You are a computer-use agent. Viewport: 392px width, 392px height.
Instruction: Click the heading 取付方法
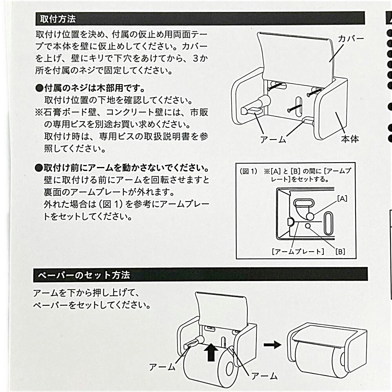pyautogui.click(x=58, y=19)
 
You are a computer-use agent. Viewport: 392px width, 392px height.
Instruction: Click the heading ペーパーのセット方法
pyautogui.click(x=84, y=275)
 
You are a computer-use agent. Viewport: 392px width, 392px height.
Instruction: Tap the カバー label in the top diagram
pyautogui.click(x=351, y=39)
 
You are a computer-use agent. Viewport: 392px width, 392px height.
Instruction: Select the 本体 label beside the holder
pyautogui.click(x=350, y=139)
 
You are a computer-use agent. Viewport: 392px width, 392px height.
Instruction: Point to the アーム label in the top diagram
pyautogui.click(x=273, y=140)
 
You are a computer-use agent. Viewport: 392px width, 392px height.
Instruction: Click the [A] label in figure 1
pyautogui.click(x=342, y=198)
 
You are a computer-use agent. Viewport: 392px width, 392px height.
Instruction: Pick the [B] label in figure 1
pyautogui.click(x=340, y=252)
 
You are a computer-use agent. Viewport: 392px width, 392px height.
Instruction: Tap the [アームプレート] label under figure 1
pyautogui.click(x=298, y=251)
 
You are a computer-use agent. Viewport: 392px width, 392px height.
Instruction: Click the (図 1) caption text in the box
pyautogui.click(x=249, y=171)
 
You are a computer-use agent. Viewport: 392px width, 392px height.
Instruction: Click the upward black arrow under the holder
pyautogui.click(x=211, y=352)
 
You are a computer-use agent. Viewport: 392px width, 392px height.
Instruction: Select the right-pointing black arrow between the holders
pyautogui.click(x=272, y=345)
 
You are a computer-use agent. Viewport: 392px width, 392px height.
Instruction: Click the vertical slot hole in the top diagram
pyautogui.click(x=298, y=107)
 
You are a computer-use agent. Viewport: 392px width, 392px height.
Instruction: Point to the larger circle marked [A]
pyautogui.click(x=310, y=216)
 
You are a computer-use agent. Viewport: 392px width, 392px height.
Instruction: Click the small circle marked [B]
pyautogui.click(x=308, y=226)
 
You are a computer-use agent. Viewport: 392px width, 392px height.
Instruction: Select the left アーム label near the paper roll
pyautogui.click(x=162, y=367)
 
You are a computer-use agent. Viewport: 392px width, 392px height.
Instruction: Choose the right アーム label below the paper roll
pyautogui.click(x=264, y=376)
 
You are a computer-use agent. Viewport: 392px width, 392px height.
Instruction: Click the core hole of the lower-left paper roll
pyautogui.click(x=229, y=368)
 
